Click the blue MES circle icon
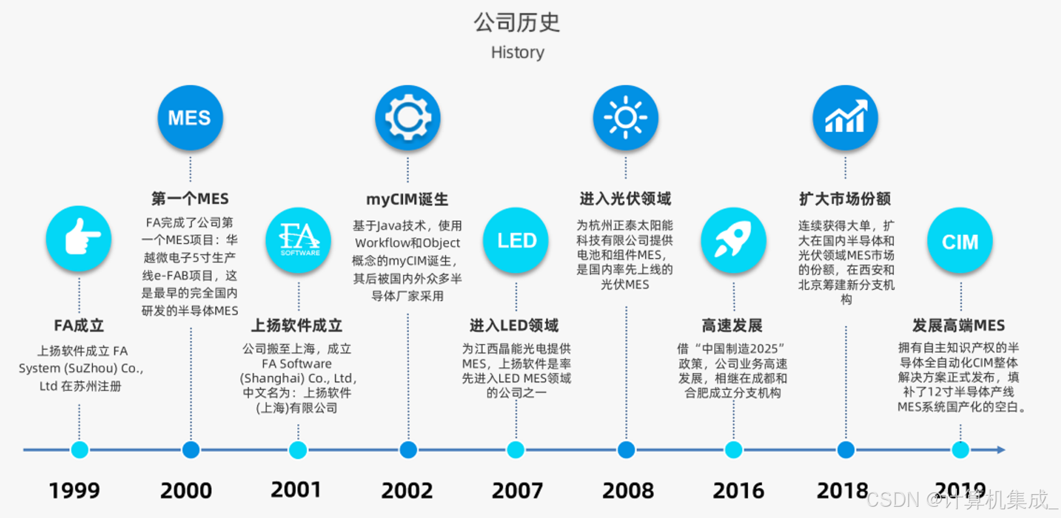tap(190, 118)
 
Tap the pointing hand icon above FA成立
tap(79, 239)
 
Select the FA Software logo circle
tap(298, 240)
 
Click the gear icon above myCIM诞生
tap(407, 118)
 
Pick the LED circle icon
tap(516, 240)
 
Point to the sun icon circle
tap(626, 118)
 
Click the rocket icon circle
tap(733, 240)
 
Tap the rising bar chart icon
tap(845, 118)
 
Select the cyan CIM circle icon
tap(959, 241)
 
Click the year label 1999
tap(74, 491)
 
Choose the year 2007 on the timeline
tap(517, 491)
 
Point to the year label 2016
tap(738, 491)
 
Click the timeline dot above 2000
tap(191, 449)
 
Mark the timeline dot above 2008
tap(626, 449)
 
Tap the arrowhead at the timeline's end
tap(1001, 449)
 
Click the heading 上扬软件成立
tap(297, 325)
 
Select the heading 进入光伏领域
tap(626, 199)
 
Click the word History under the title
tap(517, 52)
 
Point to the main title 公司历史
tap(517, 22)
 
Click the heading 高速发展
tap(732, 325)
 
